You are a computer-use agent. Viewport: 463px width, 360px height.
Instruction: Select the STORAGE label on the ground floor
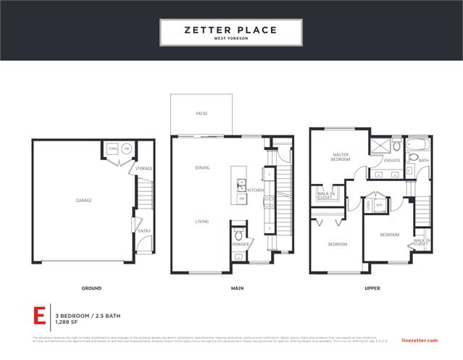click(143, 168)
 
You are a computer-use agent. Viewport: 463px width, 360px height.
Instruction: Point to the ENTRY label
click(143, 231)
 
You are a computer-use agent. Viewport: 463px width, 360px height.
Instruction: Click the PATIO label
click(201, 114)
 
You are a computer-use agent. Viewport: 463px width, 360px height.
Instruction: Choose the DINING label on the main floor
click(202, 168)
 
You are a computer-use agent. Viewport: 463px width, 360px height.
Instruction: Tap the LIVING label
click(202, 221)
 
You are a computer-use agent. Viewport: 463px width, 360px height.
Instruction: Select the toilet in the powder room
click(239, 235)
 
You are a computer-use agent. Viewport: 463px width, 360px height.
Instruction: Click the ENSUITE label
click(393, 161)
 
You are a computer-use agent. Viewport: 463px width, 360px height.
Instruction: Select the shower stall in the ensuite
click(378, 146)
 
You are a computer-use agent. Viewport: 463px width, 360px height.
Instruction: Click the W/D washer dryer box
click(379, 205)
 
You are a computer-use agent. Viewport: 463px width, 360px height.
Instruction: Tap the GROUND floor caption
click(91, 288)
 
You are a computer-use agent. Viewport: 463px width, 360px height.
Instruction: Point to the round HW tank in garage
click(126, 149)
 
